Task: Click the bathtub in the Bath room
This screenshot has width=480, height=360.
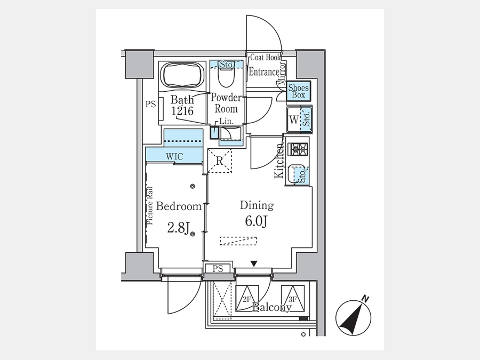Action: coord(182,76)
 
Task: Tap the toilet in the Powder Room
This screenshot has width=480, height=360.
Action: coord(226,76)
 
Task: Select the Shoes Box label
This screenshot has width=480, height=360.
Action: coord(299,91)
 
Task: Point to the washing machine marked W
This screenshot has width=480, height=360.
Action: coord(293,119)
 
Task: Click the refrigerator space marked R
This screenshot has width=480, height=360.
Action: coord(220,161)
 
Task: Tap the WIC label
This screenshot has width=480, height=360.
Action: coord(174,157)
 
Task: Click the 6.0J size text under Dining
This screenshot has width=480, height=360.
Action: coord(257,221)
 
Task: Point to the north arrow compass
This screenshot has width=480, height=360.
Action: coord(353,317)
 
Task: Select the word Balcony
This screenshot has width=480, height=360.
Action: coord(271,307)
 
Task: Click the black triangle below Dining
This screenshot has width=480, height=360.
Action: coord(254,263)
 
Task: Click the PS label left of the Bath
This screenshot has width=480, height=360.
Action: coord(150,105)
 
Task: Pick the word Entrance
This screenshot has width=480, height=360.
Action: coord(264,72)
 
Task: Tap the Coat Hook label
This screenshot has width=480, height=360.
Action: coord(266,57)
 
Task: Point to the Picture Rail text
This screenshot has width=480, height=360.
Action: coord(150,206)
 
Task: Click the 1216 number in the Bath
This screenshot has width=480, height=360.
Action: coord(182,111)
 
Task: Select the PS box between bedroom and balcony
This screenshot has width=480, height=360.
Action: coord(218,269)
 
